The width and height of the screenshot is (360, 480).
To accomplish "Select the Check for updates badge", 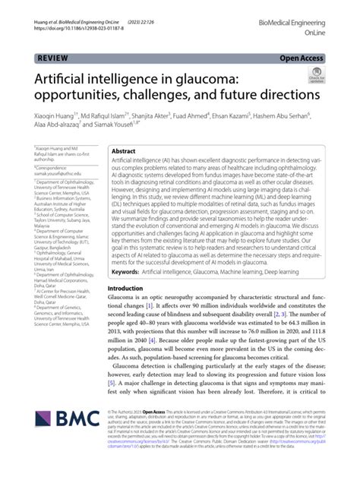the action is click(x=316, y=75).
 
